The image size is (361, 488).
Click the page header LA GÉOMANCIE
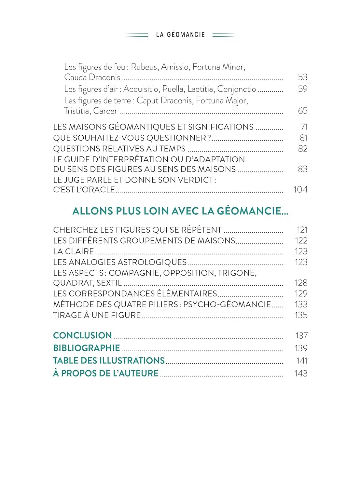(x=180, y=34)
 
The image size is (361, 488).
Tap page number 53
(x=302, y=77)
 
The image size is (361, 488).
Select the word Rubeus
(x=144, y=67)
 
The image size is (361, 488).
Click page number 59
(x=302, y=89)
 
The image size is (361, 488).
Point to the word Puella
(x=173, y=89)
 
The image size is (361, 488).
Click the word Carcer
(x=105, y=111)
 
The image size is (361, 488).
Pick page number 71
(x=304, y=127)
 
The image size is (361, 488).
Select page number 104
(x=300, y=190)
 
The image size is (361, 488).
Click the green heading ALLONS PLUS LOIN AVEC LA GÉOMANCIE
(x=180, y=211)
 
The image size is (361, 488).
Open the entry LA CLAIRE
(x=74, y=251)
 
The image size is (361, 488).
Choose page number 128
(x=301, y=283)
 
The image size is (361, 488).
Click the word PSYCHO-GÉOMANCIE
(x=227, y=305)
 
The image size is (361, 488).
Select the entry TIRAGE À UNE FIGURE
(x=97, y=315)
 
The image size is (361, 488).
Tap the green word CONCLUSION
(x=82, y=335)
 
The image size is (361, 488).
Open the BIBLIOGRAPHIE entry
(x=87, y=348)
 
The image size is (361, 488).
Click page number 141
(x=302, y=361)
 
